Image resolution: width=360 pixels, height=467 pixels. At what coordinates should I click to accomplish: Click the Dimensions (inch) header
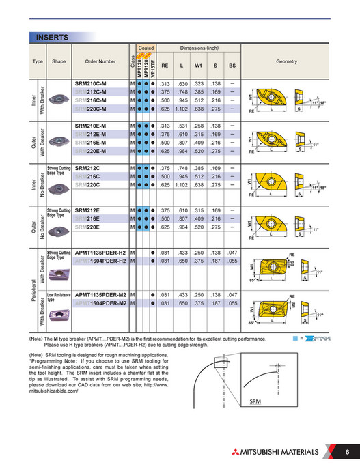(x=199, y=48)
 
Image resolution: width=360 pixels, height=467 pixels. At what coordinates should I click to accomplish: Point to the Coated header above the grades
(x=146, y=48)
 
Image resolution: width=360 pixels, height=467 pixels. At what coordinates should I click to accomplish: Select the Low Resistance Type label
(x=59, y=297)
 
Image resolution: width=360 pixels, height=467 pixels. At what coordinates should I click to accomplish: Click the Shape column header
(x=59, y=61)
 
